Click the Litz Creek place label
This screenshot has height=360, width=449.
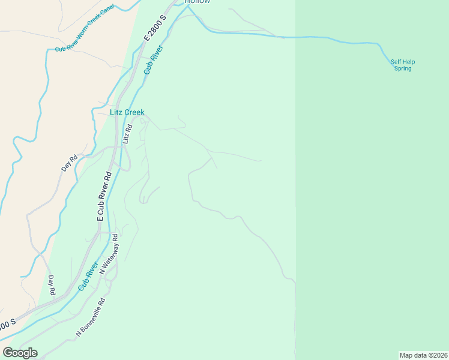(x=127, y=112)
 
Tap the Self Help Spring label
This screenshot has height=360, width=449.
(x=403, y=65)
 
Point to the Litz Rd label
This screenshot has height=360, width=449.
(x=127, y=134)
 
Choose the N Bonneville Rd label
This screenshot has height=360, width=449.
(x=90, y=317)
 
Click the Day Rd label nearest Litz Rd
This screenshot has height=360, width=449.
(x=70, y=164)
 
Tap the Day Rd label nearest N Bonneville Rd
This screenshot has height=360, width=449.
(x=52, y=285)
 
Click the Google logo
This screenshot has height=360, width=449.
(x=20, y=353)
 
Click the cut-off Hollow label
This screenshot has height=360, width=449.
(x=197, y=2)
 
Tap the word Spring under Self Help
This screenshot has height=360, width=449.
(x=403, y=68)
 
